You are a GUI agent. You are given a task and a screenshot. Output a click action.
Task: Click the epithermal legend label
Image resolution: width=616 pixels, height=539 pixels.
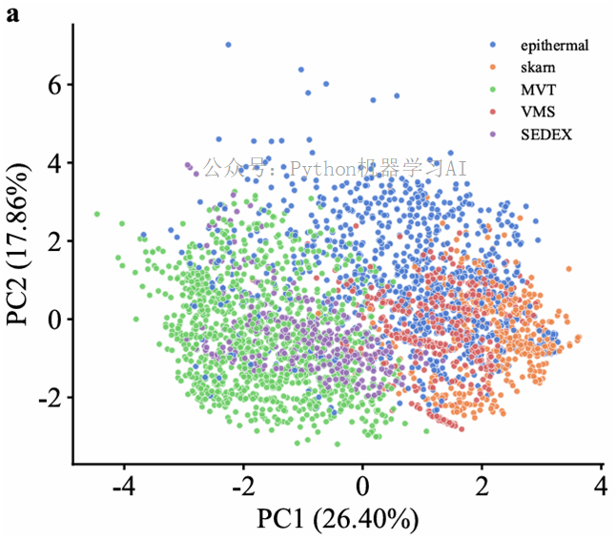(555, 45)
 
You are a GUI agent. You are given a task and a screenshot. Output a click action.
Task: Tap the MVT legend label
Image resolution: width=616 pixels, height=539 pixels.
(537, 90)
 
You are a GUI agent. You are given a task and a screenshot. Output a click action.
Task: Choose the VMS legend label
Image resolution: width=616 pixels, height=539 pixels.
(538, 112)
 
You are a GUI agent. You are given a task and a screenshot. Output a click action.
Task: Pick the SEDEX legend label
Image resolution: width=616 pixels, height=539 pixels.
(546, 135)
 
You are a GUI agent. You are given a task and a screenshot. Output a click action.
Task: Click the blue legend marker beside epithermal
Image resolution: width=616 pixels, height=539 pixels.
(492, 45)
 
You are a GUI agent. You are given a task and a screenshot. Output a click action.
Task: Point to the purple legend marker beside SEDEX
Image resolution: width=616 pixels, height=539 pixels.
(492, 135)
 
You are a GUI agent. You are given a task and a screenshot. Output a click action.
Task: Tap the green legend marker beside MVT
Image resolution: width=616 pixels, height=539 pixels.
(492, 90)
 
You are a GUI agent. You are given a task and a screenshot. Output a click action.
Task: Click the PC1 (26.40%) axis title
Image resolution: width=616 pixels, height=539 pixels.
(338, 520)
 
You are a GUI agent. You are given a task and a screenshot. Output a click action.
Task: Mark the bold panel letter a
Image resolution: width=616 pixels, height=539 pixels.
(12, 16)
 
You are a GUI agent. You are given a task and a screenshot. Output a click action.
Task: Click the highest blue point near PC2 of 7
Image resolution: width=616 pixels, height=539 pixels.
(228, 45)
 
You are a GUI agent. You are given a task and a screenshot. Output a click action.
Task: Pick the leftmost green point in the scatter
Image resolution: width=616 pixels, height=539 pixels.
(97, 214)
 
